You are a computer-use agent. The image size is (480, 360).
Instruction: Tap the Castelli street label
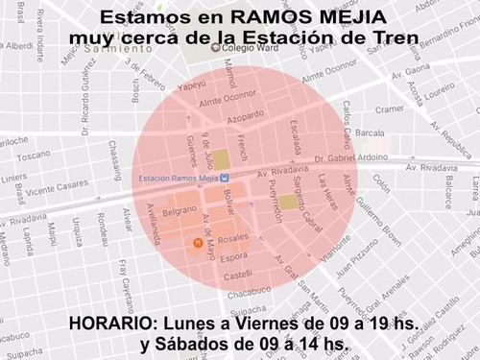pyautogui.click(x=239, y=275)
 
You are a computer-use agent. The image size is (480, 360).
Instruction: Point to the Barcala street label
pyautogui.click(x=370, y=132)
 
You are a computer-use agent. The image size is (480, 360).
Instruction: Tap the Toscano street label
pyautogui.click(x=34, y=154)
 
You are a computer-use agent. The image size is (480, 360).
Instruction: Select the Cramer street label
pyautogui.click(x=389, y=109)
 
